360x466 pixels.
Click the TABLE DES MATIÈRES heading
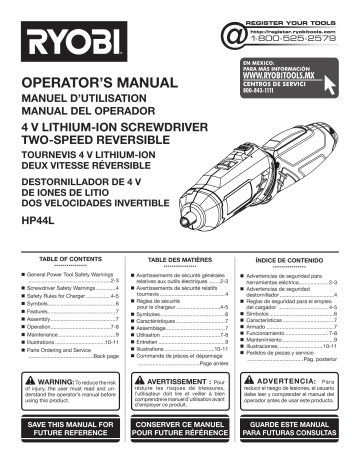click(x=178, y=257)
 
